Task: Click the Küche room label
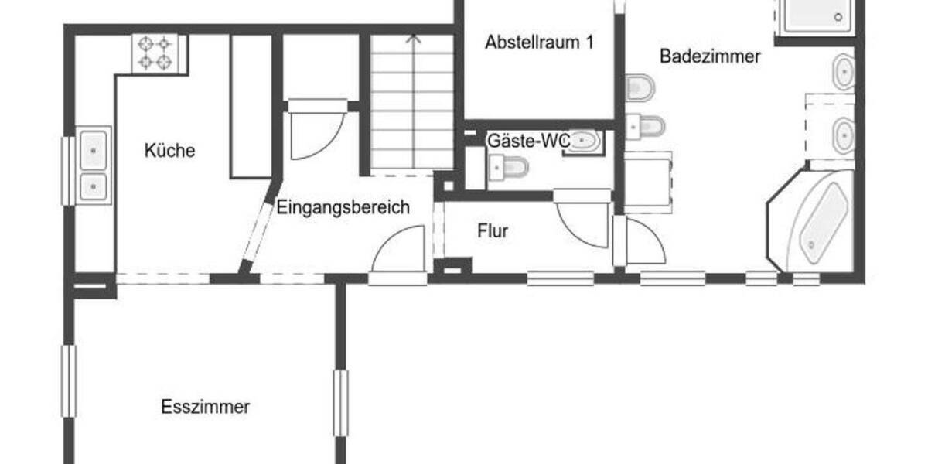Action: tap(170, 151)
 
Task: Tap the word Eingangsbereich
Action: tap(343, 208)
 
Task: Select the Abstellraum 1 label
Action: tap(539, 43)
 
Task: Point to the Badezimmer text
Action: tap(710, 56)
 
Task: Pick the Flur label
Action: tap(493, 230)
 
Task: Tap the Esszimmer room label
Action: tap(205, 407)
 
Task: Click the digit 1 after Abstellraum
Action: tap(589, 43)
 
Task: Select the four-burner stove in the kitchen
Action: tap(155, 52)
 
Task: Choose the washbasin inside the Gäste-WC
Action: tap(585, 141)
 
